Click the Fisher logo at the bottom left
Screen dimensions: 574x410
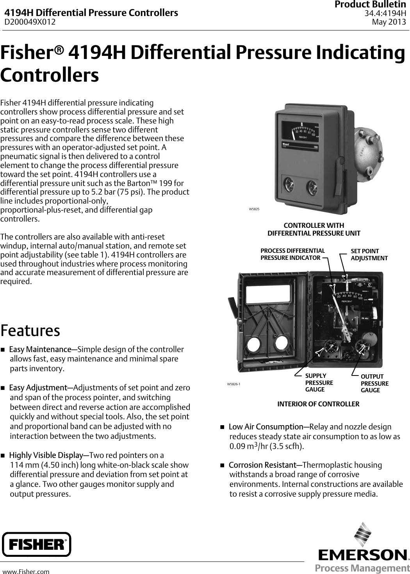coord(36,544)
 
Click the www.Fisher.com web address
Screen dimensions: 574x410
coord(26,572)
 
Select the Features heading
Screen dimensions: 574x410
coord(30,330)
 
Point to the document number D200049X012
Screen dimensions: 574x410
coord(30,22)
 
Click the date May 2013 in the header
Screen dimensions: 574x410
coord(389,22)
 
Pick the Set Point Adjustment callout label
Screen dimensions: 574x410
coord(369,254)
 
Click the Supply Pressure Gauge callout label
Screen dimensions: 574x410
coord(319,383)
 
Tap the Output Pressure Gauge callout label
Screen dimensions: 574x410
coord(374,383)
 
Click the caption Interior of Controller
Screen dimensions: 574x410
coord(318,404)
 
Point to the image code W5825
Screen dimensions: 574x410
coord(254,209)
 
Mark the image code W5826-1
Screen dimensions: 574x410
coord(234,384)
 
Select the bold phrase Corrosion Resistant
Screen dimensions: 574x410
coord(262,465)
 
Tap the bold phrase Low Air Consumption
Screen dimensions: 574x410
coord(266,427)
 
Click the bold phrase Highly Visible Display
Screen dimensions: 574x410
coord(46,455)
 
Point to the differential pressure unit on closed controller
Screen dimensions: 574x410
coord(368,150)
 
